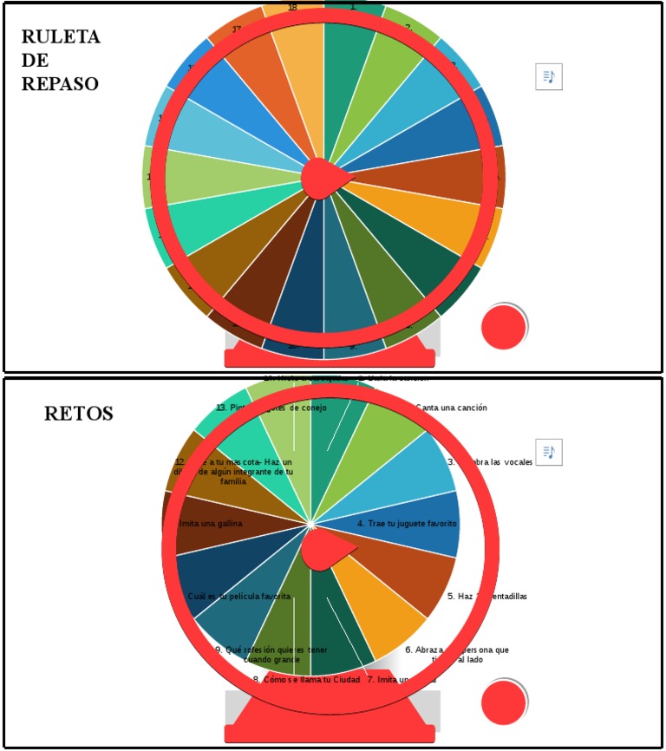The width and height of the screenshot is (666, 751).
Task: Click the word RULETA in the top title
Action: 61,37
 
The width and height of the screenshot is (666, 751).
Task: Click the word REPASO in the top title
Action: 61,84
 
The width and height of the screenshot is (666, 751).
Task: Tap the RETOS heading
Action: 78,415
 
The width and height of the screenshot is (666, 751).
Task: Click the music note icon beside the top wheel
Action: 548,77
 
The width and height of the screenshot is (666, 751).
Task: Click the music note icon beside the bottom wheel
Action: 548,452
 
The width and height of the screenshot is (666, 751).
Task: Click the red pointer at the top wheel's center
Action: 325,177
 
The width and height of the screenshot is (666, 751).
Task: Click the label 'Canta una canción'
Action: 451,408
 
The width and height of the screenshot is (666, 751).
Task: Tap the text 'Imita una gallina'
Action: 210,523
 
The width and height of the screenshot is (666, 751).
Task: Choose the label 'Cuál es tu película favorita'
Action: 239,597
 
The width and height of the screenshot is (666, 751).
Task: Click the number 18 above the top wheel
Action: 292,8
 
